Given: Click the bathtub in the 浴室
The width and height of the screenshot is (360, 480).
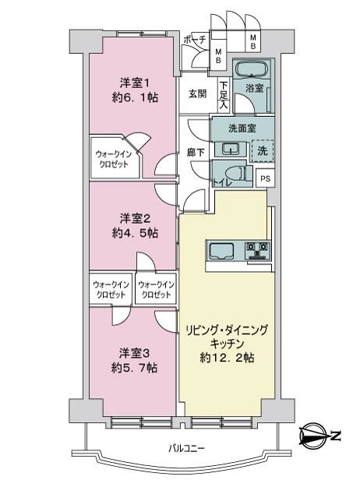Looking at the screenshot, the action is pyautogui.click(x=252, y=69).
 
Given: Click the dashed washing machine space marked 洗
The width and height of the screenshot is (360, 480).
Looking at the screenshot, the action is pyautogui.click(x=262, y=150).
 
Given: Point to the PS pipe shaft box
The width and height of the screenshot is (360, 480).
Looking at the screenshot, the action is pyautogui.click(x=265, y=178).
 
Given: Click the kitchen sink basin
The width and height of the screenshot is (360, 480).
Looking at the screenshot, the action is pyautogui.click(x=221, y=251).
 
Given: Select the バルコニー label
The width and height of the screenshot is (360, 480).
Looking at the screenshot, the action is pyautogui.click(x=186, y=449).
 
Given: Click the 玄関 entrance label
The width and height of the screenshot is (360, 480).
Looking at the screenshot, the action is pyautogui.click(x=197, y=94).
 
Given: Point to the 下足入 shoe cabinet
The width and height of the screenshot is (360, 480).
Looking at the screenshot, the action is pyautogui.click(x=224, y=94).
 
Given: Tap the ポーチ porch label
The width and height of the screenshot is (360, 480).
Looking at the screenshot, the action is pyautogui.click(x=194, y=40).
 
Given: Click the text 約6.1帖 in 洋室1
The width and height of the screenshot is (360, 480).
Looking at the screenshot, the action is pyautogui.click(x=135, y=97).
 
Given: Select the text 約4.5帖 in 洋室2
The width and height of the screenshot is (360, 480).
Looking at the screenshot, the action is pyautogui.click(x=135, y=234).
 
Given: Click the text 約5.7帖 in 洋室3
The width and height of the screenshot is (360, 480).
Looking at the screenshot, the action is pyautogui.click(x=134, y=367).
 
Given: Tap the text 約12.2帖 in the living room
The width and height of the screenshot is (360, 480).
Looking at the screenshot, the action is pyautogui.click(x=227, y=357).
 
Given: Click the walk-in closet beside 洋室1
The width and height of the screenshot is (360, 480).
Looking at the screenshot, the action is pyautogui.click(x=115, y=157).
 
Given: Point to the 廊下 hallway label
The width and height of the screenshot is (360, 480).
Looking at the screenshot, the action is pyautogui.click(x=196, y=152).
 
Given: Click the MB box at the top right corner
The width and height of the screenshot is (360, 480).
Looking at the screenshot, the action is pyautogui.click(x=252, y=41).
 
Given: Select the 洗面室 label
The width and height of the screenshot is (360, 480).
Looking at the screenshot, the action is pyautogui.click(x=242, y=129).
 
